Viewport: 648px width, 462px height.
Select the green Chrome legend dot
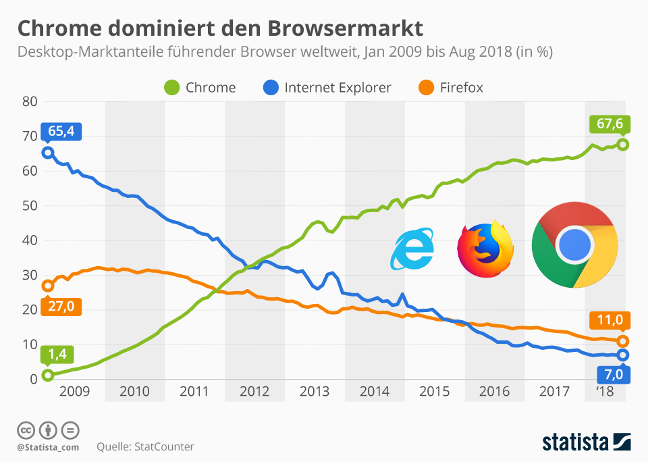[172, 88]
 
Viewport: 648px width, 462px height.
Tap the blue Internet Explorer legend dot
[271, 88]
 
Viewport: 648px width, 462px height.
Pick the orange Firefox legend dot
[426, 88]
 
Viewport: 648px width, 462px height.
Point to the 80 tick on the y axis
[28, 102]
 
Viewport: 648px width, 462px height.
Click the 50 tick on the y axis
[28, 205]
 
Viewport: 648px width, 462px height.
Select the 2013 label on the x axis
[315, 391]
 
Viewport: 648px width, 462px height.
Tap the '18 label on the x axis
[605, 391]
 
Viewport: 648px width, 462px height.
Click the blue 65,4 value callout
[61, 131]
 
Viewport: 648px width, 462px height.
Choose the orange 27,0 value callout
[61, 306]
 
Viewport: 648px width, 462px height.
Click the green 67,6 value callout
[610, 124]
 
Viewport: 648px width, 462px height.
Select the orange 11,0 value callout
[610, 319]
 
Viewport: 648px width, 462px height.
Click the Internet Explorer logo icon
[412, 250]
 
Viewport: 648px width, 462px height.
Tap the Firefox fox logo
[485, 249]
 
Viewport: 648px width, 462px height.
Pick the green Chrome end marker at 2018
[623, 144]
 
